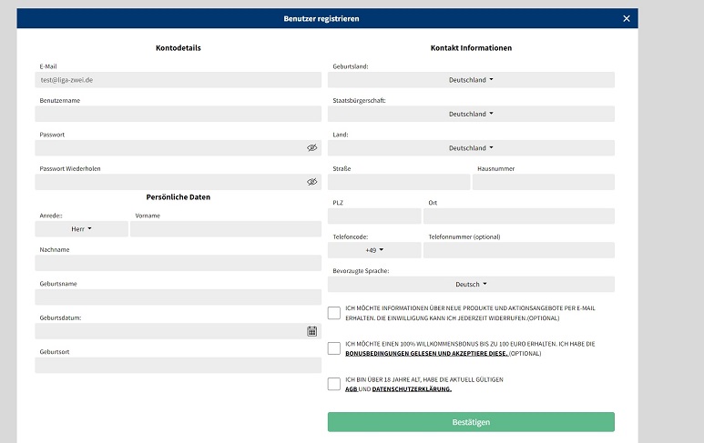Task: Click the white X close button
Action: pos(626,18)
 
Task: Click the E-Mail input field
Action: pos(178,80)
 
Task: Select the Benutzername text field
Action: pos(178,114)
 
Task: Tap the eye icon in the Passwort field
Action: pos(311,147)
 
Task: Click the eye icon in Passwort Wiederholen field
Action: pos(311,182)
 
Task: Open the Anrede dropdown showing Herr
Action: pos(81,229)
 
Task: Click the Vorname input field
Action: pos(225,229)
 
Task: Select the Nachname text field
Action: pos(178,263)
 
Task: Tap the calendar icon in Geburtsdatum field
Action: pos(311,331)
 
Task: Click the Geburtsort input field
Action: pos(178,366)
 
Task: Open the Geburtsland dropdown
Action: pos(471,80)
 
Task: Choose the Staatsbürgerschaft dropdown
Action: pos(471,114)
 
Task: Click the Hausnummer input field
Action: pos(544,182)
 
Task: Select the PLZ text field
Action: pos(374,216)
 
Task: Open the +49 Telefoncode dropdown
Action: pos(374,250)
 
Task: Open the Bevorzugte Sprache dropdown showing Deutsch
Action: pos(471,284)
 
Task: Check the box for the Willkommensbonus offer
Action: pos(334,348)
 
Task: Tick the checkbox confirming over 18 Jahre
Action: pos(334,384)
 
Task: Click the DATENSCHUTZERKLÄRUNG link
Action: pos(412,389)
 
